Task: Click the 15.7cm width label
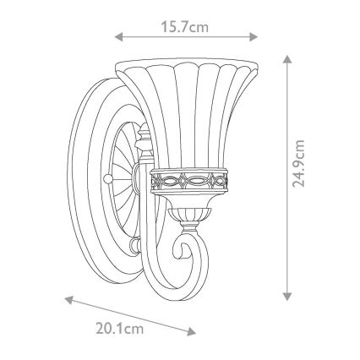pyautogui.click(x=184, y=27)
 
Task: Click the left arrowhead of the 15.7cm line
pyautogui.click(x=118, y=37)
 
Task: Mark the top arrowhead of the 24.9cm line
pyautogui.click(x=288, y=57)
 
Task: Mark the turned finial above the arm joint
pyautogui.click(x=145, y=135)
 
